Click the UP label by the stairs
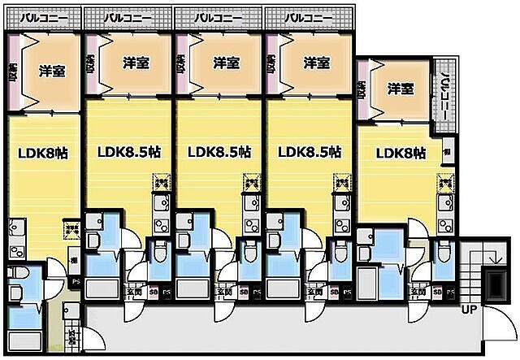470,310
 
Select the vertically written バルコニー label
444,91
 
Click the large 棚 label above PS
74,260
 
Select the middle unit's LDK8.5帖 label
219,152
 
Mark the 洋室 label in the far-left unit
53,71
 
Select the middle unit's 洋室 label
226,63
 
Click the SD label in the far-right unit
436,292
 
